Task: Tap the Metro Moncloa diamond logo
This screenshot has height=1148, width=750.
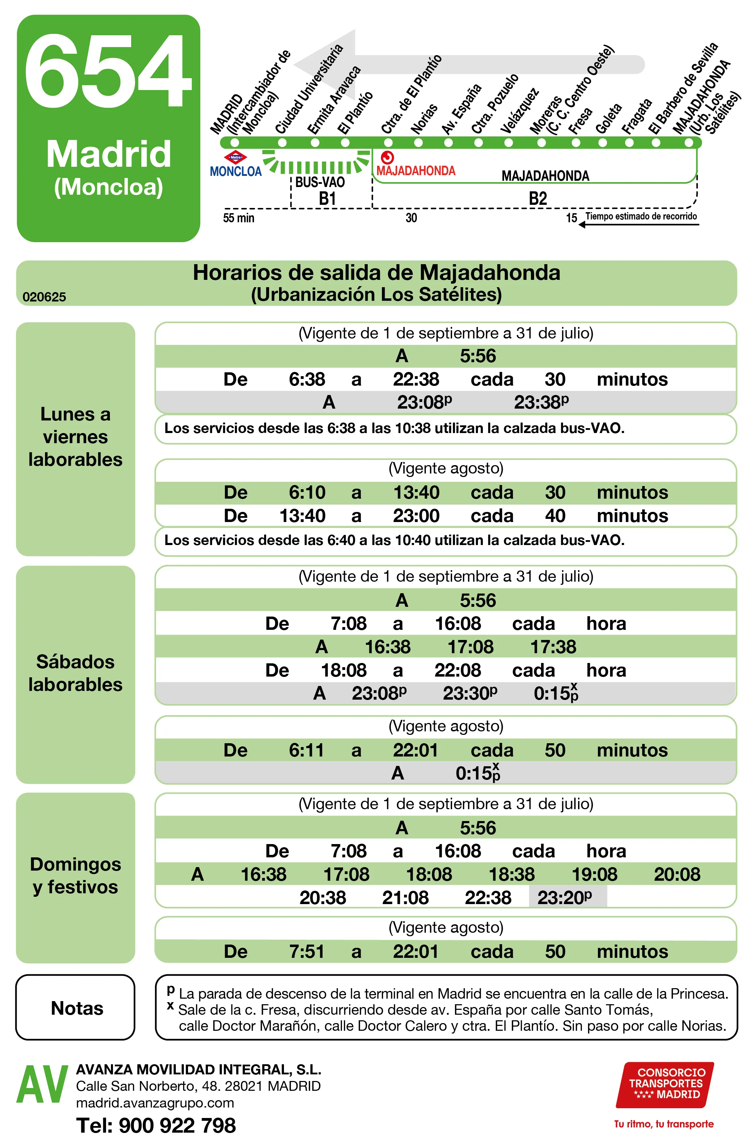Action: (235, 157)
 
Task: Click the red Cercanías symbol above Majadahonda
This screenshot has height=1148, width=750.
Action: (387, 157)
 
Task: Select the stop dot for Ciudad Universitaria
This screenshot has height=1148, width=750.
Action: (282, 143)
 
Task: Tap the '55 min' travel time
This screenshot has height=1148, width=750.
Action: (238, 218)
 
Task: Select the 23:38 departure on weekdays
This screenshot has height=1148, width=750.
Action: (541, 402)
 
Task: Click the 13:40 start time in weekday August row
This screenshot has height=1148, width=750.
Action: (302, 516)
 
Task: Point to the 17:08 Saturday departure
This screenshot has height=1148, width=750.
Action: (470, 647)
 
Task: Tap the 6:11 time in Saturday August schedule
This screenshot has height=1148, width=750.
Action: (307, 750)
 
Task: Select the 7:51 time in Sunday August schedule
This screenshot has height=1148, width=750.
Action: (307, 952)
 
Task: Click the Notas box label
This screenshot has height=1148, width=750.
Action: (77, 1008)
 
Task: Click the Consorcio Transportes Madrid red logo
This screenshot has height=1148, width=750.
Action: (665, 1085)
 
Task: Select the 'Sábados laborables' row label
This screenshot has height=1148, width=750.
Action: (75, 673)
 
